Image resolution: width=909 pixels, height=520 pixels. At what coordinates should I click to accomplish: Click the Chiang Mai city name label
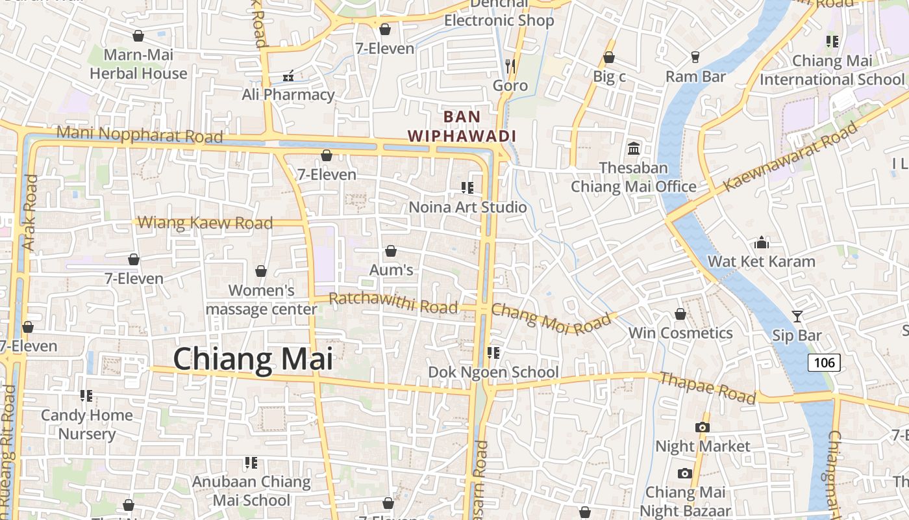click(253, 359)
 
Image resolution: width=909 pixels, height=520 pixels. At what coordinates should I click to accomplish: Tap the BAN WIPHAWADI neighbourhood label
click(462, 127)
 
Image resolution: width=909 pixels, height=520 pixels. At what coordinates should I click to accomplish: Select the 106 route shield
click(824, 363)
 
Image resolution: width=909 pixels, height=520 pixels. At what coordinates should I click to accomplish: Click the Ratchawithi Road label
click(393, 302)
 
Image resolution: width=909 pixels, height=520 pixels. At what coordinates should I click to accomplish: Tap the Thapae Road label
click(708, 387)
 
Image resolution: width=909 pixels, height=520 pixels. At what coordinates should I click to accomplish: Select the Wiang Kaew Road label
click(205, 223)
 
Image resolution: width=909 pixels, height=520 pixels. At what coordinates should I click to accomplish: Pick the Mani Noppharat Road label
click(140, 135)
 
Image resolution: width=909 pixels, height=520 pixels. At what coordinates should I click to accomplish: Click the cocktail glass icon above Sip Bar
click(797, 317)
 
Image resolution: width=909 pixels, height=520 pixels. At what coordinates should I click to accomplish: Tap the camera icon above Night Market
click(702, 427)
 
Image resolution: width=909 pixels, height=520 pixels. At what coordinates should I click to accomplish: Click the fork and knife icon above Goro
click(510, 66)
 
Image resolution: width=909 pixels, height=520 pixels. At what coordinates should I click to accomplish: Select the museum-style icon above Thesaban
click(634, 148)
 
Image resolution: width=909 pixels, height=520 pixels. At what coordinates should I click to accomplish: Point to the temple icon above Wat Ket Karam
click(762, 243)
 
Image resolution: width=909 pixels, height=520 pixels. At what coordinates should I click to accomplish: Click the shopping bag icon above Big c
click(609, 58)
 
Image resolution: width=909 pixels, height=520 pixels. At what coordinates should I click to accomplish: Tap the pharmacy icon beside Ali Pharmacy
click(288, 77)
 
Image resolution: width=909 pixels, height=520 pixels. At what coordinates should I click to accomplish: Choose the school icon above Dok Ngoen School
click(493, 353)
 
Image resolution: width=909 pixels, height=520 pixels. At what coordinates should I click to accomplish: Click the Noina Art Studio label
click(467, 207)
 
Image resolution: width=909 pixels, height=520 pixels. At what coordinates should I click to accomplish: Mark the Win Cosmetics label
click(680, 333)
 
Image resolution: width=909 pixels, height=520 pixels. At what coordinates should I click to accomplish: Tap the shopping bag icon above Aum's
click(391, 251)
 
